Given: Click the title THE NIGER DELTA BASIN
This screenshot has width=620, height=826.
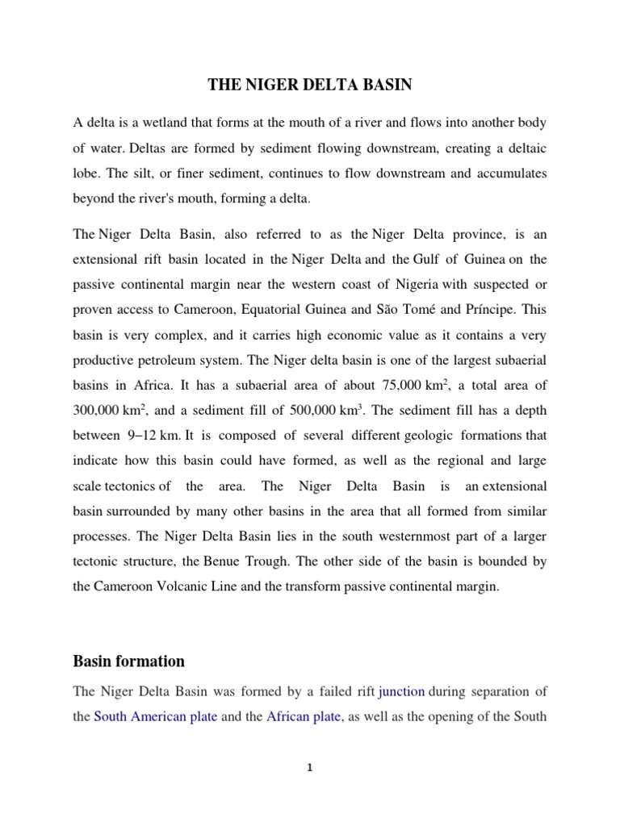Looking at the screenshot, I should (x=309, y=83).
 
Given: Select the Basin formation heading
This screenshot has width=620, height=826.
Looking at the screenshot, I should (x=128, y=661).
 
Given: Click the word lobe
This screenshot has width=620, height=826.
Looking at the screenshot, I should (x=86, y=174).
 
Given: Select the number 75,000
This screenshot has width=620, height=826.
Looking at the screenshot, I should (x=387, y=383).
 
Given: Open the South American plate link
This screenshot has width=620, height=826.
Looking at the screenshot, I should (x=156, y=715).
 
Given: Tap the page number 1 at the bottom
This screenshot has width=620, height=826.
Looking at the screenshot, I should (x=309, y=768).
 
